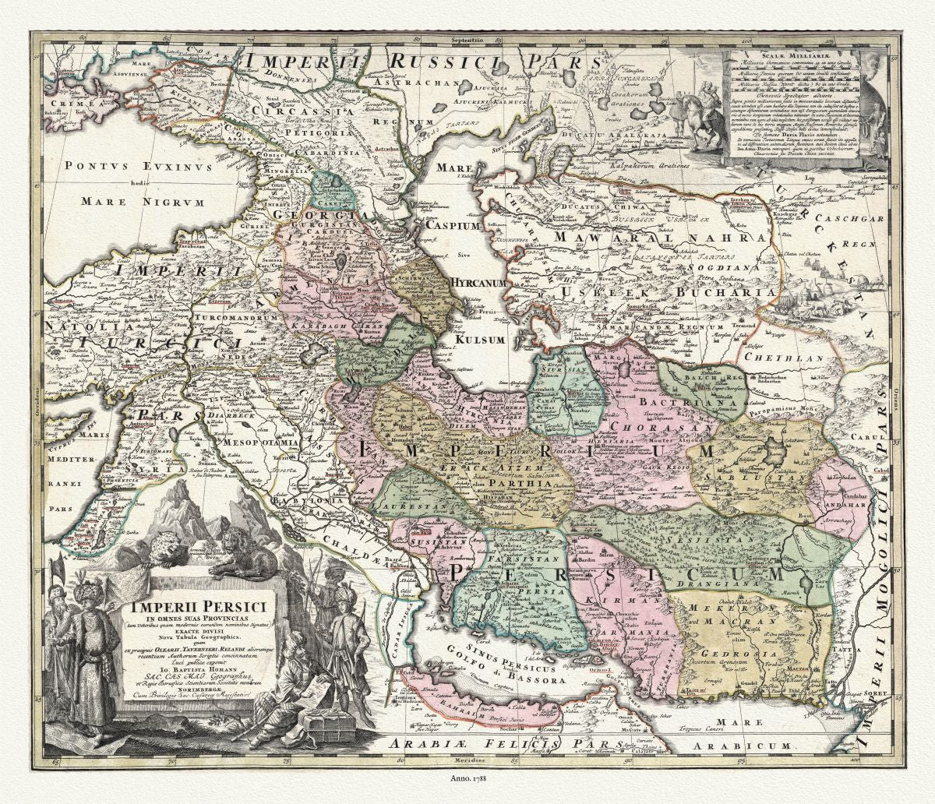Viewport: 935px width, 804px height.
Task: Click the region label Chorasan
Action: pos(651,426)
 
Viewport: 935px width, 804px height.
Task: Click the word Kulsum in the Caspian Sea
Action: pos(481,340)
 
